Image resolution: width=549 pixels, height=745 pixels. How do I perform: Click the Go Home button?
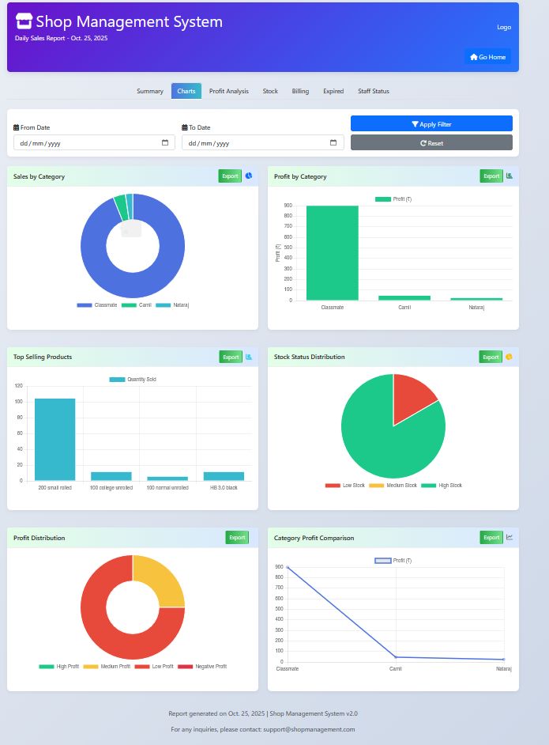coord(487,57)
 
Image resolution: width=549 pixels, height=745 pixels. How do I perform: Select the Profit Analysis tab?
coord(228,91)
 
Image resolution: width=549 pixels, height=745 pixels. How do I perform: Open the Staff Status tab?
coord(373,91)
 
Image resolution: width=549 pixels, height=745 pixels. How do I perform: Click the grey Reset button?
coord(431,142)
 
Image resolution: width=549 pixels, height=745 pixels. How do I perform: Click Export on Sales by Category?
coord(230,176)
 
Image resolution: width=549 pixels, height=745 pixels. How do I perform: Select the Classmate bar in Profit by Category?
coord(332,253)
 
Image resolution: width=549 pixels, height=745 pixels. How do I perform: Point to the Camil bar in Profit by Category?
coord(404,297)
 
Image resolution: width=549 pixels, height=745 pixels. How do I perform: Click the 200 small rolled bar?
coord(55,439)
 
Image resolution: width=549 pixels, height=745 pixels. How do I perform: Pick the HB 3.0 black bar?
coord(224,476)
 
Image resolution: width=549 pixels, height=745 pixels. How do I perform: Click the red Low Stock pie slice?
coord(412,395)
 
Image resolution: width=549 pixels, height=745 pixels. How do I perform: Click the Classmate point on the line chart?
coord(288,567)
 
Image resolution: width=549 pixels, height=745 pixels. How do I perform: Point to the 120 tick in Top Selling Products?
coord(19,386)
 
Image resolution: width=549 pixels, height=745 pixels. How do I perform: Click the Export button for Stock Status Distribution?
coord(491,357)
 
